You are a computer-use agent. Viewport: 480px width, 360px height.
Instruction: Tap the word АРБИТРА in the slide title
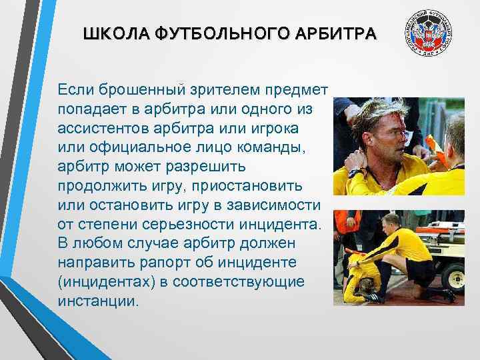[337, 33]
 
